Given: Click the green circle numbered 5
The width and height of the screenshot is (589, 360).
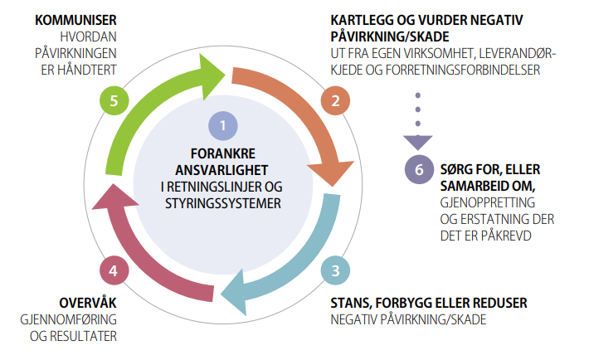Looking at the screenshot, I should [114, 101].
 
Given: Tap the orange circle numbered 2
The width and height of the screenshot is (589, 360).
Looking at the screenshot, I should [336, 101].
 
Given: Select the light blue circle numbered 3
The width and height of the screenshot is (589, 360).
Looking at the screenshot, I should [335, 270].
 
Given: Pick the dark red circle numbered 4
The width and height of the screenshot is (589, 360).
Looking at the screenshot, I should [114, 270].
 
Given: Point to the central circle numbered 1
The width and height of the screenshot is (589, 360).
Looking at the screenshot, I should [224, 126].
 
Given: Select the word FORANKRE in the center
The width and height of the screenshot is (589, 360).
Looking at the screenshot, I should [224, 153].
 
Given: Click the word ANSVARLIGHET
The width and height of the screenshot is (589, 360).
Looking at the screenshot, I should [224, 168].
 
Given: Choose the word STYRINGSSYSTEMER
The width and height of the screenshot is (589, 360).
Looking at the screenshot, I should [224, 202].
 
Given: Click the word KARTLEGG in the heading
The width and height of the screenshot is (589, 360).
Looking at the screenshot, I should [360, 18].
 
